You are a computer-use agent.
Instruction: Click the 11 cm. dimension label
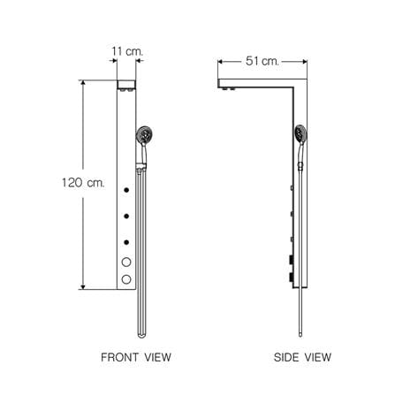[127, 51]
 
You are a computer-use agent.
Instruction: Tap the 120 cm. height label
[83, 183]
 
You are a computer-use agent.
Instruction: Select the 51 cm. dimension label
[262, 61]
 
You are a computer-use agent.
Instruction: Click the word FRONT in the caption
[119, 357]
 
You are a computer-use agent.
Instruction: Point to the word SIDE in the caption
[286, 357]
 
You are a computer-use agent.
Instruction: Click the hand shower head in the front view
[144, 135]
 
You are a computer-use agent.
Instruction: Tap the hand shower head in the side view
[300, 133]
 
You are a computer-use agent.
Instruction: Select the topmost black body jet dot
[126, 190]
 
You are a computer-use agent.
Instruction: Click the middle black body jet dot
[126, 216]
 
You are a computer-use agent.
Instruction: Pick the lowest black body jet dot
[126, 242]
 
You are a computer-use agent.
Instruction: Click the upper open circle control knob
[126, 262]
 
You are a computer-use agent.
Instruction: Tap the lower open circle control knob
[126, 279]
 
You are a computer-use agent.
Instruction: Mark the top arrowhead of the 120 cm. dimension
[83, 82]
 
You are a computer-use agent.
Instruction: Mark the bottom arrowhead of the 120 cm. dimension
[83, 287]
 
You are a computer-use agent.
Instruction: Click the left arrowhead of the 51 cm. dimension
[220, 62]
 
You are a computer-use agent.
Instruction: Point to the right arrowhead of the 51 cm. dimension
[305, 62]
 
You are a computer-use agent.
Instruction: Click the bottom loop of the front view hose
[141, 335]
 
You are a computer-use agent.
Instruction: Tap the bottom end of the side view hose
[300, 335]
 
